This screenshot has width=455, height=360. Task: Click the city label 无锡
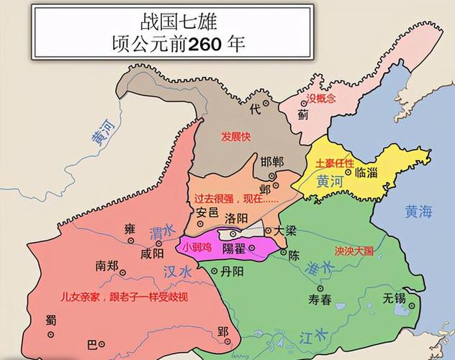[x=394, y=297]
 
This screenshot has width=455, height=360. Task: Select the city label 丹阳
[x=230, y=271]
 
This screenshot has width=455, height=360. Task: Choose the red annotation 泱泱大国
[x=354, y=251]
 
